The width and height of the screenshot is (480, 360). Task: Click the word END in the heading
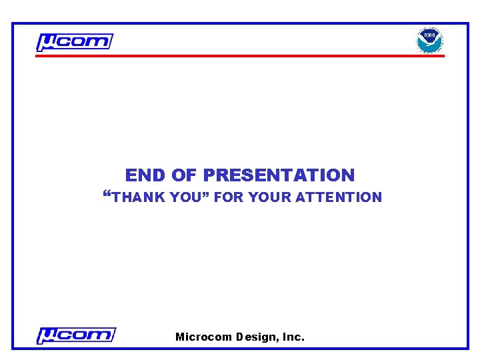click(x=145, y=175)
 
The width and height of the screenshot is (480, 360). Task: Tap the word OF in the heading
click(x=184, y=175)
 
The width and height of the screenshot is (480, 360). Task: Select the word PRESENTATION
click(x=279, y=175)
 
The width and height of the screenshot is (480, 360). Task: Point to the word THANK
click(x=139, y=197)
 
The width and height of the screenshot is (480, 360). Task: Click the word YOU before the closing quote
click(x=184, y=197)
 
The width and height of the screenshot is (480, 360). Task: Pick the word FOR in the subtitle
click(x=229, y=197)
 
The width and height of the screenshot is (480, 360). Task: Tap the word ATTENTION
click(x=339, y=197)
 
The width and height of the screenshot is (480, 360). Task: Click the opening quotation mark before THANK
click(x=108, y=195)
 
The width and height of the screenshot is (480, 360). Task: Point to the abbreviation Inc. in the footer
click(x=293, y=337)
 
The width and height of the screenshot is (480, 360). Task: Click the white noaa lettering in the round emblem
click(x=430, y=34)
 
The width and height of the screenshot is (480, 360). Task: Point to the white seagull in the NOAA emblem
click(x=430, y=42)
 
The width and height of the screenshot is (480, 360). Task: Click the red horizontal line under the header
click(x=239, y=56)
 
